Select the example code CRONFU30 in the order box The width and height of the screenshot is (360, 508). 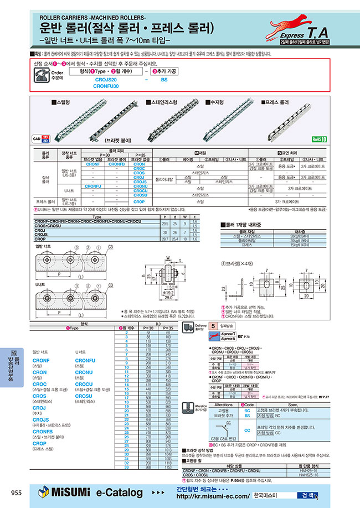coord(106,86)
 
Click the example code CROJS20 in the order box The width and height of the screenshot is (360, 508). coord(106,80)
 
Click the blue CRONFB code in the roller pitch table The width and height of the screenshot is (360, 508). coord(116,164)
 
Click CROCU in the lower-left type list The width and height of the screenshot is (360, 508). coord(84,383)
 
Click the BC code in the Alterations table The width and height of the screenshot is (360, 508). coord(247,409)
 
